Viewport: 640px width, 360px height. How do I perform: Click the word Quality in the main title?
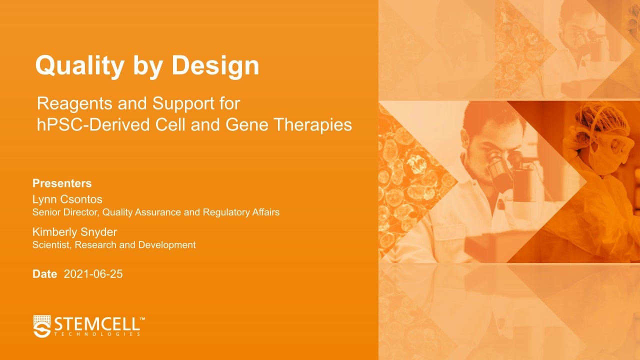tap(79, 66)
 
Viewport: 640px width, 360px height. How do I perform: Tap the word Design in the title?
tap(215, 65)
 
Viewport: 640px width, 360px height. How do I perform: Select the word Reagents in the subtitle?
tap(74, 104)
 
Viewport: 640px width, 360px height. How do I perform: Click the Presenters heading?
tap(62, 183)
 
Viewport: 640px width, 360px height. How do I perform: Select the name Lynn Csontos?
tap(67, 199)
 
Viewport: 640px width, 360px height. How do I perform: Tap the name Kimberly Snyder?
tap(74, 232)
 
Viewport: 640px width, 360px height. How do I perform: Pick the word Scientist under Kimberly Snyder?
tap(51, 245)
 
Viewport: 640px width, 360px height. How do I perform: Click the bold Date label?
tap(44, 274)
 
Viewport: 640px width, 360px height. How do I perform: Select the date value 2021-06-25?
tap(93, 274)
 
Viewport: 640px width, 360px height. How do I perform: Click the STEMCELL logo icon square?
tap(42, 326)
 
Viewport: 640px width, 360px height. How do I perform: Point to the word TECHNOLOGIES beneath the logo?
tap(97, 334)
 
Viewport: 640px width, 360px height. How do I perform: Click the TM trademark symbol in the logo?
tap(142, 318)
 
